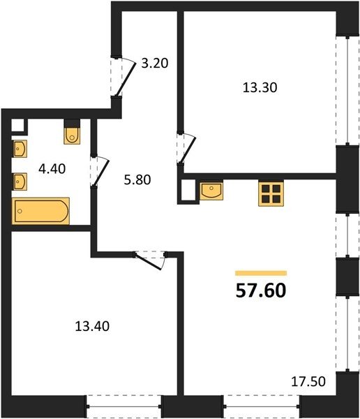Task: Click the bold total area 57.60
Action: pos(261,291)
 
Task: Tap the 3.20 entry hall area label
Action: pos(155,64)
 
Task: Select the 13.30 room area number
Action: pos(260,88)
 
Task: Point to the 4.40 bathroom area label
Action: pos(52,169)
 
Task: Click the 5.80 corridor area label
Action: pos(137,179)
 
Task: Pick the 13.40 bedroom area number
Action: pos(92,326)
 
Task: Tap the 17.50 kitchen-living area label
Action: pos(308,381)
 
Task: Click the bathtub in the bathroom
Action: pos(40,211)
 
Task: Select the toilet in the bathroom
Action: pos(72,135)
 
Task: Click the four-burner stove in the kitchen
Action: pos(271,193)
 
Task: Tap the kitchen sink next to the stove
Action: pos(211,191)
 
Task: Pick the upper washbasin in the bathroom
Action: pos(20,149)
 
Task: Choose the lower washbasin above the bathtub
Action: pos(20,182)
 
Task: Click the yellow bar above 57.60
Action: pos(261,273)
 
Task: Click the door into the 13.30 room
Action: pos(188,149)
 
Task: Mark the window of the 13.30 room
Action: pos(347,90)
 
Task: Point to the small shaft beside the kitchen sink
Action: pos(188,190)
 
